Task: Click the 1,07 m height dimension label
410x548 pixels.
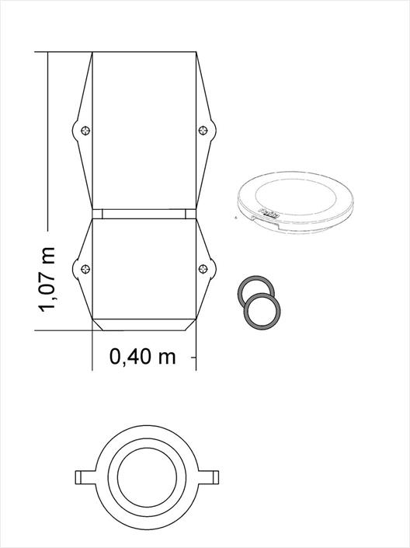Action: [47, 280]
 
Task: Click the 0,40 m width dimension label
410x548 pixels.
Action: [142, 357]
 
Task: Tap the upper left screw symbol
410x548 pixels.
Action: [85, 131]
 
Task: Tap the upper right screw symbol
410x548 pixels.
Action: [203, 131]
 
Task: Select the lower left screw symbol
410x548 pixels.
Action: [85, 269]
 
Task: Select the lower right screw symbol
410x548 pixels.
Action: [203, 269]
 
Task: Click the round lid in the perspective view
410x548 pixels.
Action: [295, 202]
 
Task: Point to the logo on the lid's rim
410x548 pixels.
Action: [268, 212]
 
